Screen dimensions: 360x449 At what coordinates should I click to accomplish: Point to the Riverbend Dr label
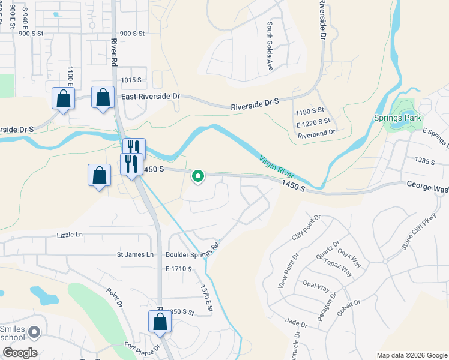pyautogui.click(x=315, y=136)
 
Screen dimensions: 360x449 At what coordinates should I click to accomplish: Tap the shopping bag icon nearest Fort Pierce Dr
pyautogui.click(x=160, y=322)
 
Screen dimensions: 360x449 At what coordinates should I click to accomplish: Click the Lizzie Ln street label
pyautogui.click(x=70, y=235)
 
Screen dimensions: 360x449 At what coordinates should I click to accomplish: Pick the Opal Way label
pyautogui.click(x=316, y=287)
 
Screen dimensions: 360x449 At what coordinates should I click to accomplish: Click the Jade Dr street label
pyautogui.click(x=297, y=324)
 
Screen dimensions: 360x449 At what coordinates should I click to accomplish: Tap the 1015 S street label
pyautogui.click(x=131, y=80)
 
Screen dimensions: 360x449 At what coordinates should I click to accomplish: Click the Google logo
pyautogui.click(x=20, y=353)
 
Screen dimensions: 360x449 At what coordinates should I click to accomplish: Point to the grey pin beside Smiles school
pyautogui.click(x=34, y=331)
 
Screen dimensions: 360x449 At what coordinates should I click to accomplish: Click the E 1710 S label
pyautogui.click(x=179, y=269)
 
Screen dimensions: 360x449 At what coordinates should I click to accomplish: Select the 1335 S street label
pyautogui.click(x=425, y=161)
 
